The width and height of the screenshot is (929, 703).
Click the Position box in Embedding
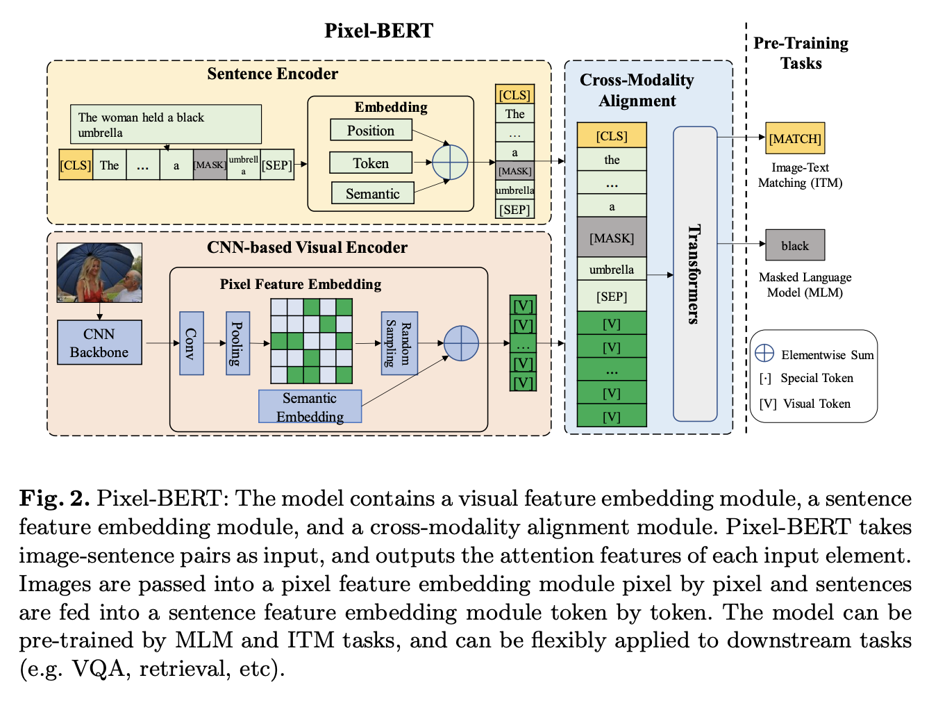click(x=371, y=130)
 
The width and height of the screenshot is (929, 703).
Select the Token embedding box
click(x=371, y=163)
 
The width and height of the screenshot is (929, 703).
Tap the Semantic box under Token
click(x=372, y=193)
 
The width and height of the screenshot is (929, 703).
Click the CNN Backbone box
click(x=99, y=342)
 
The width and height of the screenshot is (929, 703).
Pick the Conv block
click(x=192, y=343)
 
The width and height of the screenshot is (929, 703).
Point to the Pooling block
click(x=237, y=343)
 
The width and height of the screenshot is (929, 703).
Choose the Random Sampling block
click(x=399, y=343)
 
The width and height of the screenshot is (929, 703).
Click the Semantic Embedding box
click(x=310, y=406)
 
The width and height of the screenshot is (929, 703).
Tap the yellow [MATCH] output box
click(x=795, y=138)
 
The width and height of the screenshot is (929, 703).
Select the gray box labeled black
click(x=795, y=245)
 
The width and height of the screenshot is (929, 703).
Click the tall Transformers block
click(x=695, y=274)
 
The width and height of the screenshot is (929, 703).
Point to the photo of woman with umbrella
click(x=99, y=272)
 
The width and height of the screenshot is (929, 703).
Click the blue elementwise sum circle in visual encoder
click(x=461, y=343)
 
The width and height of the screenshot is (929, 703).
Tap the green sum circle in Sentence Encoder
click(x=450, y=162)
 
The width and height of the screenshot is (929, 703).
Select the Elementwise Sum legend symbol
click(x=764, y=353)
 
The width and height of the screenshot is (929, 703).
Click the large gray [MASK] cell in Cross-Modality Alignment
click(x=612, y=238)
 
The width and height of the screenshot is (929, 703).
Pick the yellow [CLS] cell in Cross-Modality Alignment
click(x=612, y=135)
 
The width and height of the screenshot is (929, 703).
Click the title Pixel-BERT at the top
click(x=379, y=31)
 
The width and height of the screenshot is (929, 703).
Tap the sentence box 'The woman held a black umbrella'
click(x=166, y=124)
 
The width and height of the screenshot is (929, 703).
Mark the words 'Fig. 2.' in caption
click(x=54, y=499)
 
